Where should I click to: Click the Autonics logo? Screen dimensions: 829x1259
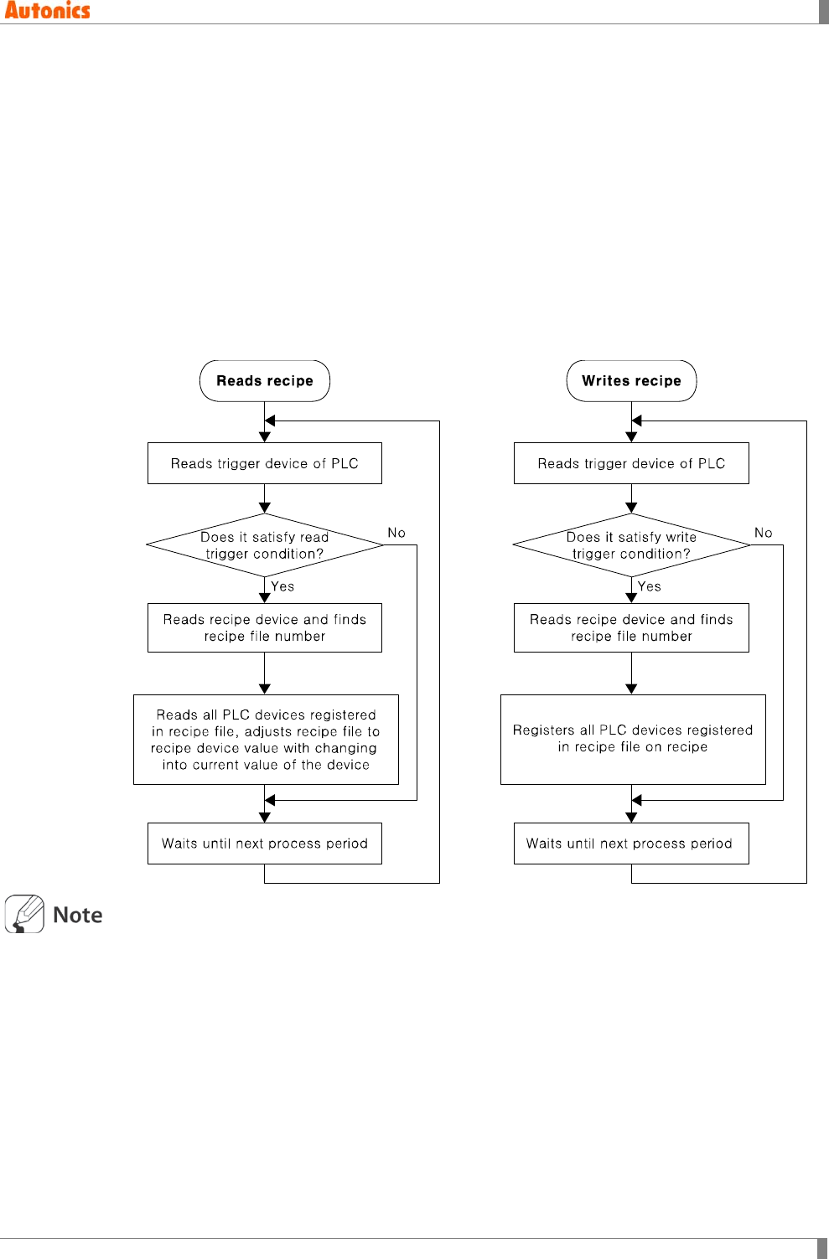[47, 11]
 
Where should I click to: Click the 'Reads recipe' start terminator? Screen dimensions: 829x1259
[264, 380]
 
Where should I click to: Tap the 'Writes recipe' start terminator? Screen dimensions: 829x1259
[631, 380]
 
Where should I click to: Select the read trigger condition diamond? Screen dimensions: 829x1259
[264, 544]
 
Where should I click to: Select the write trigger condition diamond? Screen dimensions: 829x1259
[631, 544]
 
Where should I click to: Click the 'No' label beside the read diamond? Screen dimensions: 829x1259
[396, 532]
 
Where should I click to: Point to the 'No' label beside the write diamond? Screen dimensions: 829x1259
[763, 532]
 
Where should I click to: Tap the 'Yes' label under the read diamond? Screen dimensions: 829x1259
[282, 586]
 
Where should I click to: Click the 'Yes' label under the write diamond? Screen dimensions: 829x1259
[649, 586]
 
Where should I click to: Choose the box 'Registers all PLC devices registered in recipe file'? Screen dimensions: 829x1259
[633, 739]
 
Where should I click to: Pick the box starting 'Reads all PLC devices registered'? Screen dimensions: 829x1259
[266, 739]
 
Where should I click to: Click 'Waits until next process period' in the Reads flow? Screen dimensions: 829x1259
[264, 843]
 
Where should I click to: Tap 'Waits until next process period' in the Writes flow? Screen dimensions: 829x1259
[631, 843]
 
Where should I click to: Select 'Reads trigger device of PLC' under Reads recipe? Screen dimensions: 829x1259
[264, 463]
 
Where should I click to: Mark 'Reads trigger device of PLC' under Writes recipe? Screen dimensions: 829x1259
[631, 463]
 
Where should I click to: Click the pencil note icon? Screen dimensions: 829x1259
[24, 914]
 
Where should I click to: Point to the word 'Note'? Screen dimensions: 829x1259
[78, 915]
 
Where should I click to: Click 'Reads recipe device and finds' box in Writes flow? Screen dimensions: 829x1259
[631, 627]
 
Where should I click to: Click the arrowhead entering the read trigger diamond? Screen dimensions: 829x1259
[264, 508]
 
